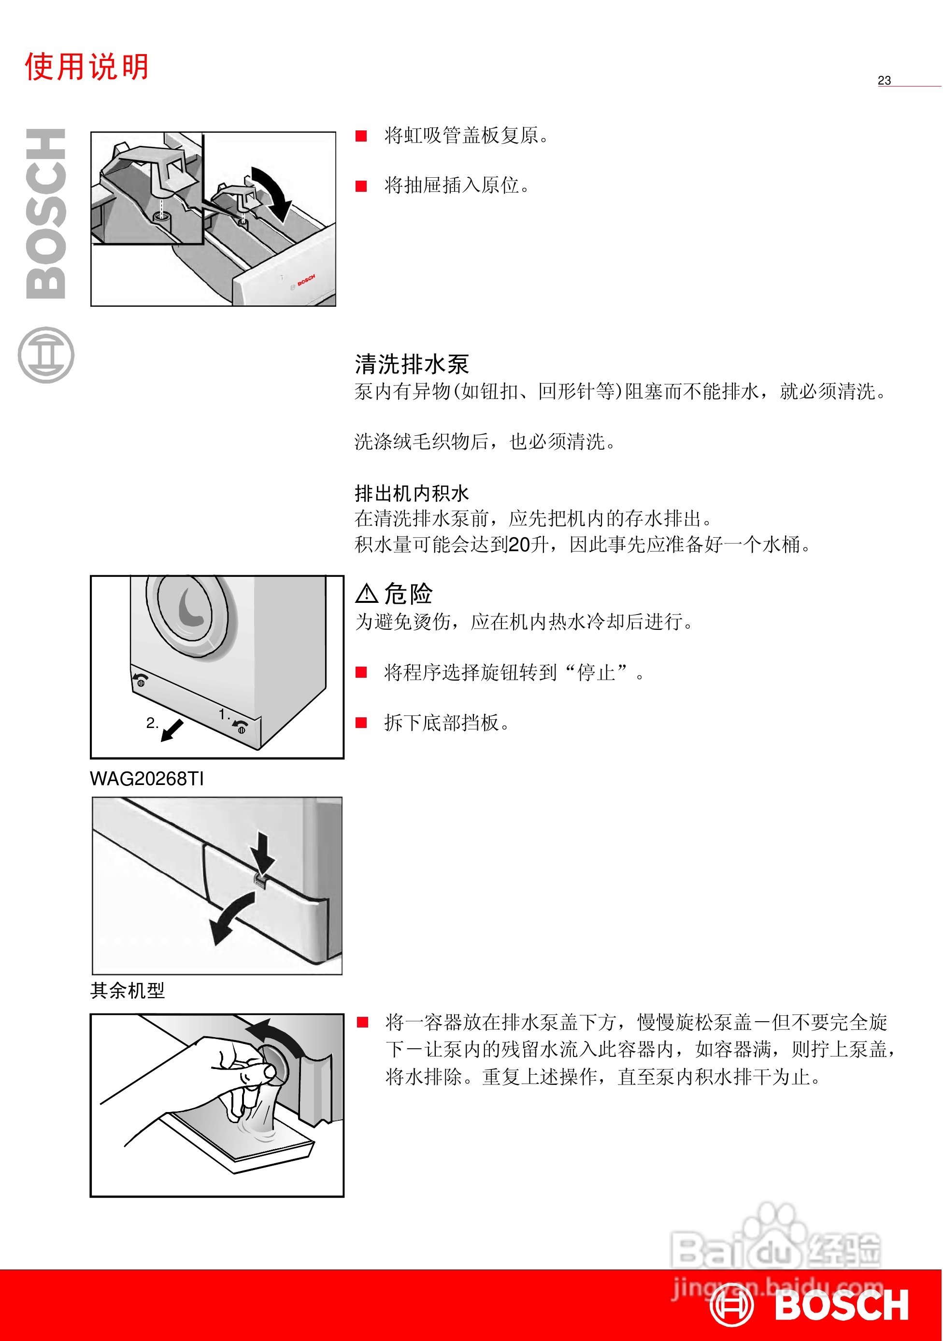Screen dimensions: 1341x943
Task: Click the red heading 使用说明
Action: pyautogui.click(x=86, y=66)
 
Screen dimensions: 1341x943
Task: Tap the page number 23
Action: pyautogui.click(x=884, y=81)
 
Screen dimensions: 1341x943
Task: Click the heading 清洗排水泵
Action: pyautogui.click(x=411, y=364)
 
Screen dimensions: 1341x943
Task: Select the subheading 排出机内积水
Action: pyautogui.click(x=411, y=494)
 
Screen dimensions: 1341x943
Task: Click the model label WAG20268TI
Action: pyautogui.click(x=147, y=779)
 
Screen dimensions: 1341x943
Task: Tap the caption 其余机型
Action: pyautogui.click(x=128, y=990)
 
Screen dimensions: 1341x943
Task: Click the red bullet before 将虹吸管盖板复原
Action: pyautogui.click(x=361, y=136)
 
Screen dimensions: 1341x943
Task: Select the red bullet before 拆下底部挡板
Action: pyautogui.click(x=361, y=723)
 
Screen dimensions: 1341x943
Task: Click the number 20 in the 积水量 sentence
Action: pyautogui.click(x=519, y=544)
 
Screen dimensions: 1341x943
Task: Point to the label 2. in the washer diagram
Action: pyautogui.click(x=152, y=723)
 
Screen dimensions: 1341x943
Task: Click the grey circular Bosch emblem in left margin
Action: pyautogui.click(x=46, y=355)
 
